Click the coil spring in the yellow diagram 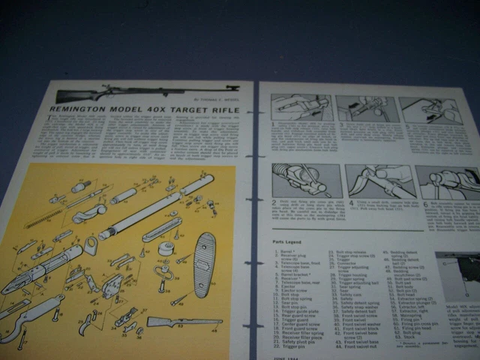coord(52,217)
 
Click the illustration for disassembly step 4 coord(374,180)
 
